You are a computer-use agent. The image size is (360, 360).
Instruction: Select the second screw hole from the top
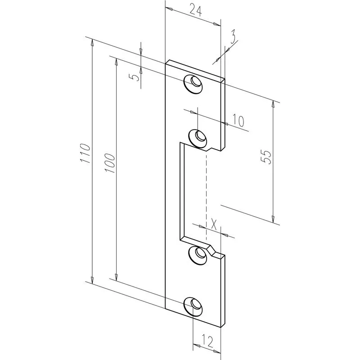[197, 137]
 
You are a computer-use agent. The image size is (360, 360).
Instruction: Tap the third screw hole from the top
[196, 255]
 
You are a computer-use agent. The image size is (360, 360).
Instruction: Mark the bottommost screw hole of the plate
[193, 306]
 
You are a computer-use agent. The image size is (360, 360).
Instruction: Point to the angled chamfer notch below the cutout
[213, 250]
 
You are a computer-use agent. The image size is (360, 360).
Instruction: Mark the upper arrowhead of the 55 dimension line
[273, 104]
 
